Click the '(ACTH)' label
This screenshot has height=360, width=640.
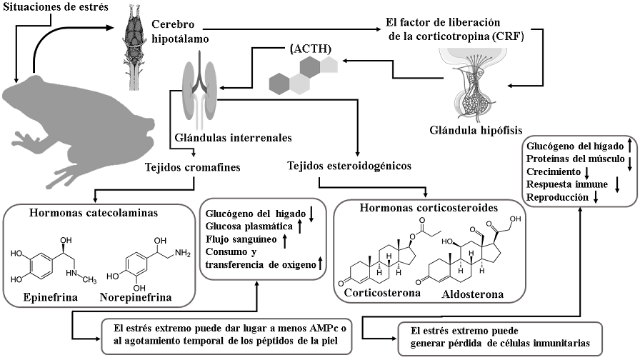[309, 51]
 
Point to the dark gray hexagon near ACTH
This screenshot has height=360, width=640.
[311, 69]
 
